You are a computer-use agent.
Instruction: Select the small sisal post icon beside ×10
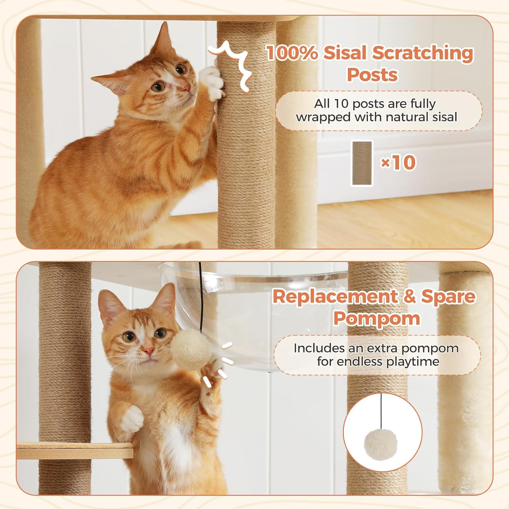coord(362,163)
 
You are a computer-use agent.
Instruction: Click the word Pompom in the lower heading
coord(376,318)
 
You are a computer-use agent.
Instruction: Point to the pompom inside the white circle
coord(380,444)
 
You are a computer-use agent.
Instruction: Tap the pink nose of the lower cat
coord(148,350)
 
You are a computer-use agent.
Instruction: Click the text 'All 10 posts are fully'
coord(375,103)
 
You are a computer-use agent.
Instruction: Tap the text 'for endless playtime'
coord(378,362)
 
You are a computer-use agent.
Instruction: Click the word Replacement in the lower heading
coord(334,297)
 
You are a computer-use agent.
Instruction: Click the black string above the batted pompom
coord(201,299)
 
